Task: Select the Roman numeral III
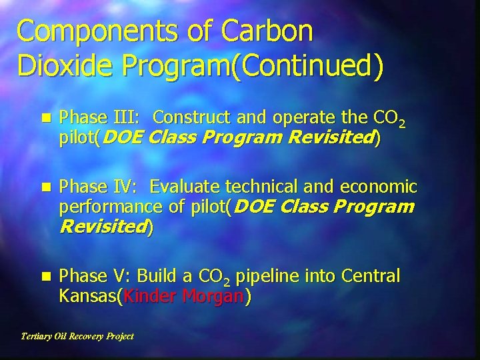click(125, 118)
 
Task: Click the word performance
click(110, 207)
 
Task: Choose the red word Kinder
click(149, 297)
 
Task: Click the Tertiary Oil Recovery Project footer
click(77, 336)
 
